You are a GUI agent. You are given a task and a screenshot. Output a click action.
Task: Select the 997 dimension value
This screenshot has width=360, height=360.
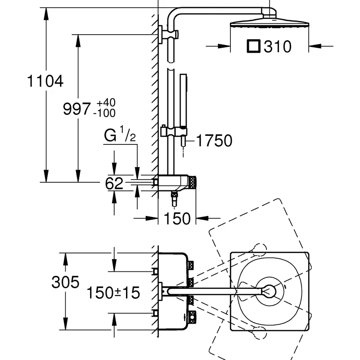click(77, 109)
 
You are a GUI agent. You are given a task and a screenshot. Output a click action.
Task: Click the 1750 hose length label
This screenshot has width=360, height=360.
click(214, 141)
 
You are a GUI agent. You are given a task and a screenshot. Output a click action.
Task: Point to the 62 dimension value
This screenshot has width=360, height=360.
click(114, 183)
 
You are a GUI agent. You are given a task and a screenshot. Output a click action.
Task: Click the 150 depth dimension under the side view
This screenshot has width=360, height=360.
click(176, 219)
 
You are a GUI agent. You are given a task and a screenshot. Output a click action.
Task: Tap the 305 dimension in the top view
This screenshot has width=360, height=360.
click(65, 283)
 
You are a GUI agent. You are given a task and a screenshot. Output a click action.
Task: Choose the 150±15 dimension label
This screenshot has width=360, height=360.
click(114, 293)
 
